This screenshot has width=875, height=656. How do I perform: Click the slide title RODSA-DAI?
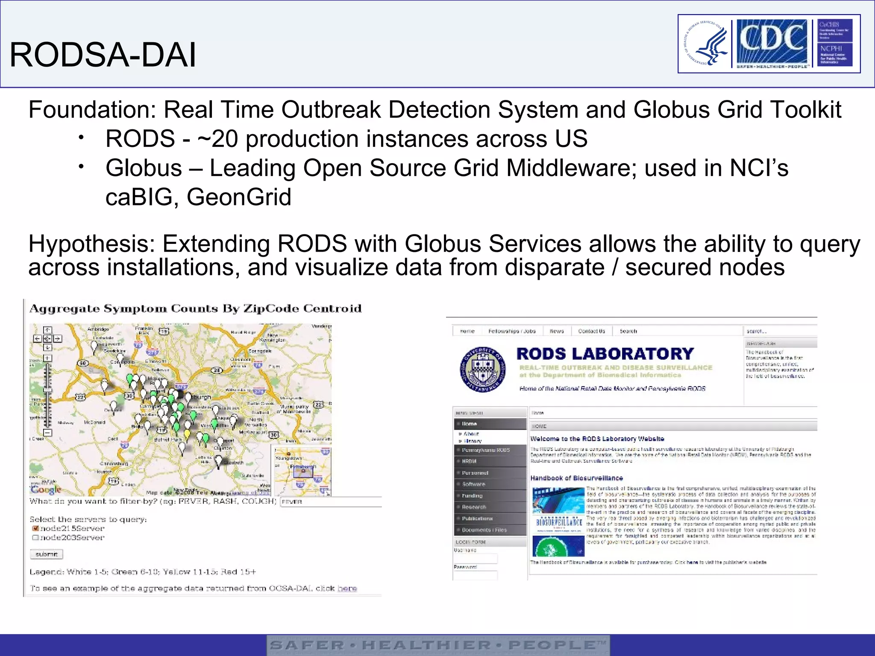tap(103, 55)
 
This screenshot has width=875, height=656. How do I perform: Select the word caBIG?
tap(141, 197)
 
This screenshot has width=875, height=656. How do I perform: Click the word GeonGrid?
tap(239, 197)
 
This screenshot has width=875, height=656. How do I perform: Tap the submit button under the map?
tap(47, 554)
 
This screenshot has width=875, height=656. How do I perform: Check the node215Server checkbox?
tap(35, 528)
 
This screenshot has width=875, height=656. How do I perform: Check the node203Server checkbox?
tap(35, 538)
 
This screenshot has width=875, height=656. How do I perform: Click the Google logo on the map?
tap(46, 489)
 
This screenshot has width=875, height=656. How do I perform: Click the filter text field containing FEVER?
tap(330, 501)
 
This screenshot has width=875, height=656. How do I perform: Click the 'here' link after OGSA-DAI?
tap(347, 589)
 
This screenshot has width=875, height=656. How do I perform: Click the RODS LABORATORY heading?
tap(605, 354)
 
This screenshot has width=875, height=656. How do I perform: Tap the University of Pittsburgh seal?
tap(483, 369)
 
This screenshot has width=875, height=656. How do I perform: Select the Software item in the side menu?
tap(473, 484)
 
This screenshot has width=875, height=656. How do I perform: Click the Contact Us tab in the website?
tap(591, 331)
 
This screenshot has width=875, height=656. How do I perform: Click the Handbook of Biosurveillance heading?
tap(576, 478)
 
